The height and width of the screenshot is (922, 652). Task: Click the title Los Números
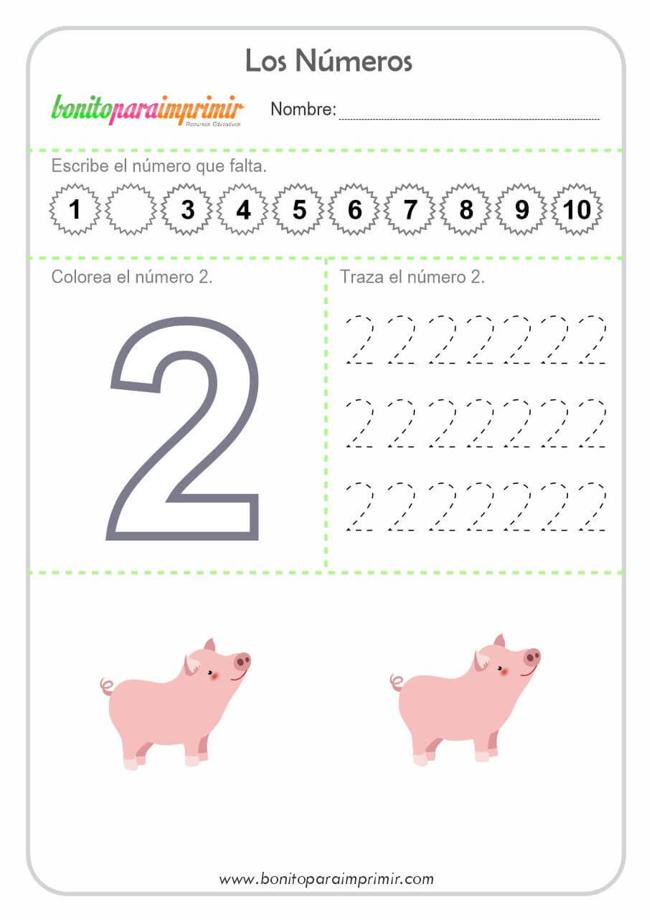329,61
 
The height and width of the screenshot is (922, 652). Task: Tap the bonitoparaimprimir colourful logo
147,110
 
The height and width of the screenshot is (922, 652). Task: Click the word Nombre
303,109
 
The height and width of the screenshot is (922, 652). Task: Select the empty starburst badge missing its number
131,209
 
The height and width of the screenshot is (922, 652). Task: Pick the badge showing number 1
75,209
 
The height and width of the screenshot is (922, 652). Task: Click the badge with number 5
298,209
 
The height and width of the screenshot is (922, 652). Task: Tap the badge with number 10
577,209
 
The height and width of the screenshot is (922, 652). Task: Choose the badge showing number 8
466,209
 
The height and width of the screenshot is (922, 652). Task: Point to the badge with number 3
187,209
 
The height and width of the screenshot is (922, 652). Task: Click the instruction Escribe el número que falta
159,166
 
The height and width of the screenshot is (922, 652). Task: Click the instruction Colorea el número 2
132,277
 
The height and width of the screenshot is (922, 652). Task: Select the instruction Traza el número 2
412,277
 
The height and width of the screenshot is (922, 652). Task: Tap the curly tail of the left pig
107,687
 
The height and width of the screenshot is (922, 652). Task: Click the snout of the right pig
531,657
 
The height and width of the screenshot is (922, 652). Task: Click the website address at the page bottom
326,879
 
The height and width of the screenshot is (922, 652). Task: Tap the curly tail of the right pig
397,682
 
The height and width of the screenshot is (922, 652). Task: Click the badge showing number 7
410,209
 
